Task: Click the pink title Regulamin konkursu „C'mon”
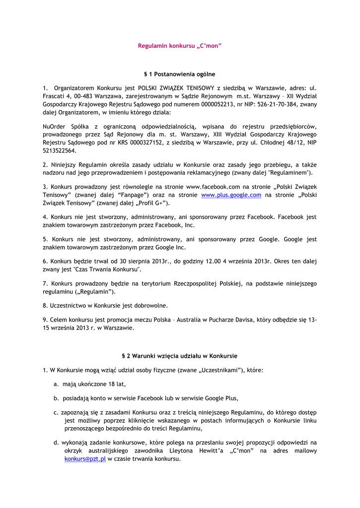pos(179,46)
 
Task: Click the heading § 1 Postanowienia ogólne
pos(179,74)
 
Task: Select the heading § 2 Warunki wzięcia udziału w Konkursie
pos(179,356)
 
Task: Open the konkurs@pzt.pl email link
pos(85,459)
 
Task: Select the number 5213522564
pos(60,151)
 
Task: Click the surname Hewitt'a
pos(212,450)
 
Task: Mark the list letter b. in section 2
pos(57,398)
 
